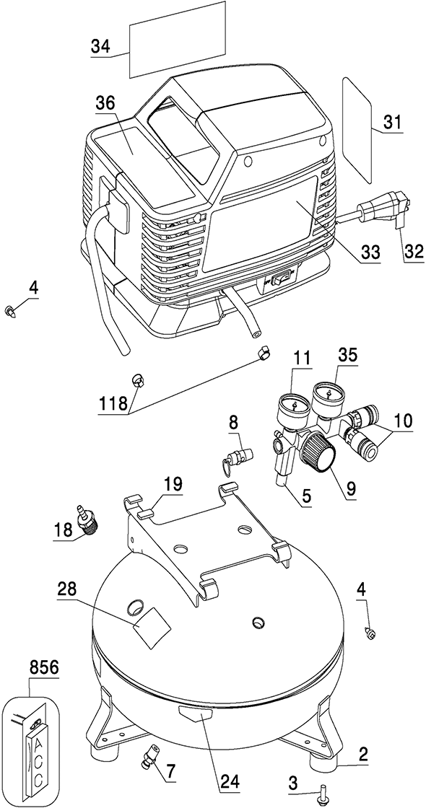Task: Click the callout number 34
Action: (x=100, y=46)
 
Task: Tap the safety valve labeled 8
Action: (x=236, y=457)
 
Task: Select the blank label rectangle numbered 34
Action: (x=177, y=40)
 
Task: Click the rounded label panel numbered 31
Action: (x=357, y=130)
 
